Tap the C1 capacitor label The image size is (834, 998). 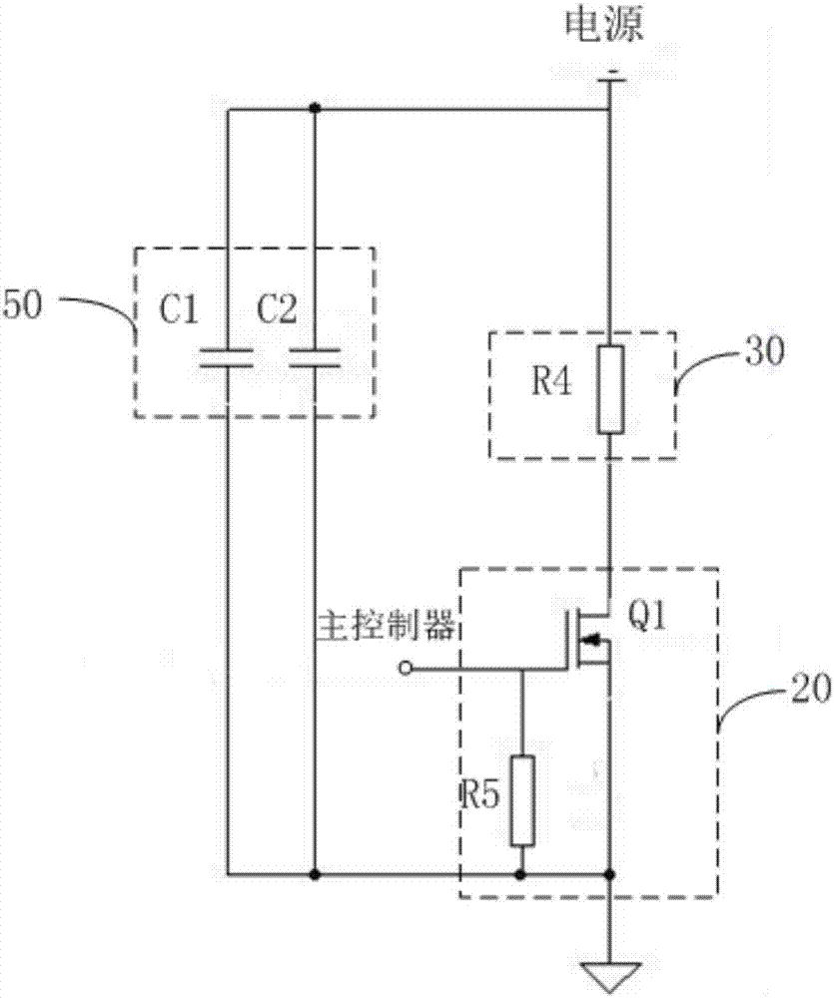click(181, 312)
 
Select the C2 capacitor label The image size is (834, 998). click(277, 312)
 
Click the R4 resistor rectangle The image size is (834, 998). click(610, 389)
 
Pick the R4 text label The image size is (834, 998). click(551, 384)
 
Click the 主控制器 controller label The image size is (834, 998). click(386, 626)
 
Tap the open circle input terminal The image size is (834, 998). click(406, 668)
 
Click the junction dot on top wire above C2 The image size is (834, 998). click(315, 108)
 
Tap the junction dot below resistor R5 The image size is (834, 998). click(521, 875)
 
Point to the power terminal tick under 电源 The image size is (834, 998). click(611, 75)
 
